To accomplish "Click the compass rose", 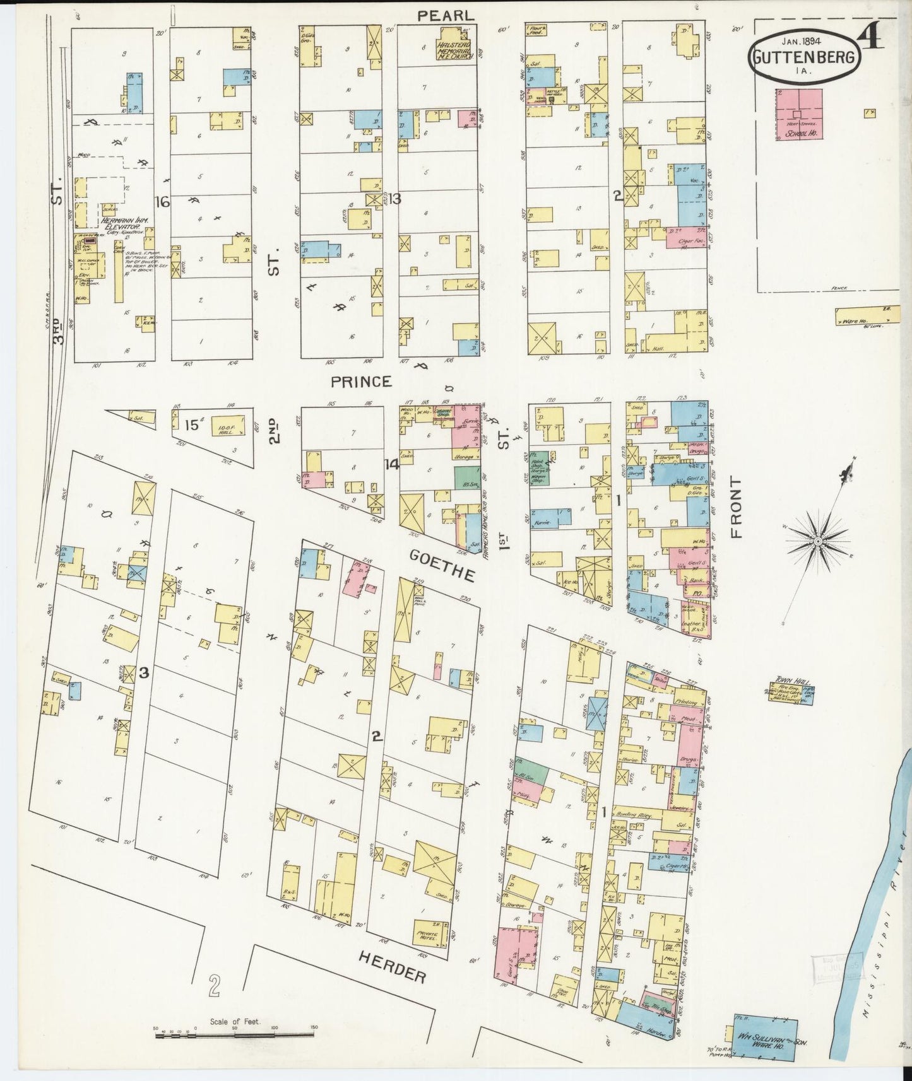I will (x=818, y=541).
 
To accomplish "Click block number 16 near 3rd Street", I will (x=163, y=202).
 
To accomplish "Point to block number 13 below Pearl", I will (x=394, y=199).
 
